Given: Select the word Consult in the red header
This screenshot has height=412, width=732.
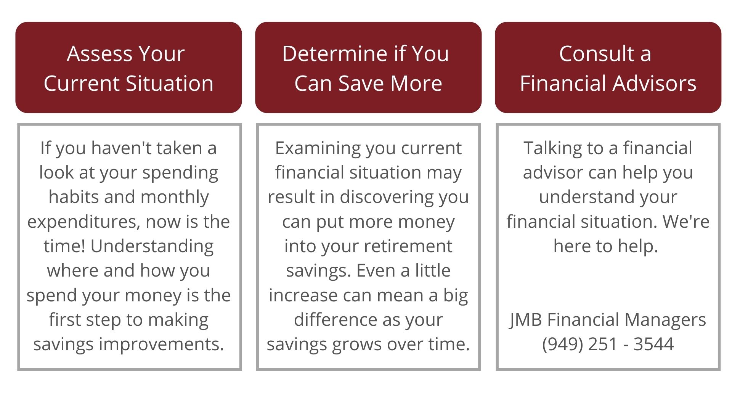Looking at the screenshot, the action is coord(594,54).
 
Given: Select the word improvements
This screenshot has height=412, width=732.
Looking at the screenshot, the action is coord(161,344).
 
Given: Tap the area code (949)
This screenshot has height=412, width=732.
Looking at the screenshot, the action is coord(563,344).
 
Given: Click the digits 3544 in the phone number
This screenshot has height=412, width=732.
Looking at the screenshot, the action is coord(654,344).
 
